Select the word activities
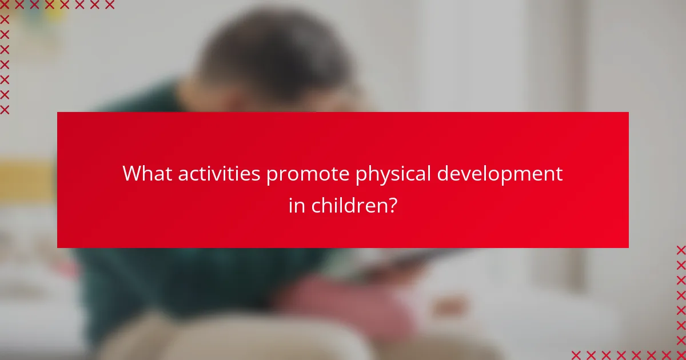(220, 174)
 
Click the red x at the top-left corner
(5, 5)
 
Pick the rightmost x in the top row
(110, 5)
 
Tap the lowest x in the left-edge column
(5, 109)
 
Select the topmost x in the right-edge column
(681, 250)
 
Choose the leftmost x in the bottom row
(576, 355)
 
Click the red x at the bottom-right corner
(681, 355)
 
